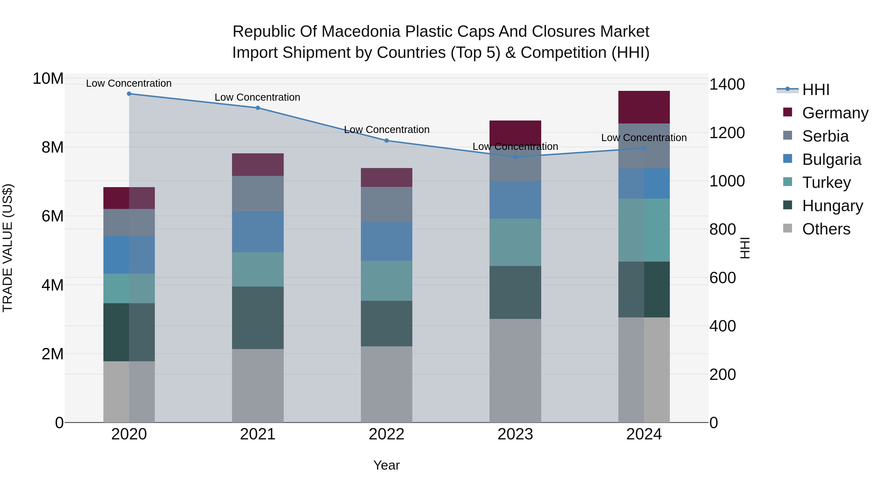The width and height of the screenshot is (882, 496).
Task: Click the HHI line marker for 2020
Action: pyautogui.click(x=129, y=94)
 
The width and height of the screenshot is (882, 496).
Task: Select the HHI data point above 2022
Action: pyautogui.click(x=387, y=141)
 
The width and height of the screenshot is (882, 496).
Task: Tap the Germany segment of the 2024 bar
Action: pyautogui.click(x=644, y=107)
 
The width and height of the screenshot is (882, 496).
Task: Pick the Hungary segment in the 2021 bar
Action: pyautogui.click(x=258, y=318)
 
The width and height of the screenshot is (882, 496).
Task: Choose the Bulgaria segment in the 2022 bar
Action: pyautogui.click(x=387, y=241)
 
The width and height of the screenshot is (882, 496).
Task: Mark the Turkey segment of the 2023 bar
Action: pyautogui.click(x=515, y=242)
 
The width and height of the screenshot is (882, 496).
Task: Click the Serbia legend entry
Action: pyautogui.click(x=825, y=136)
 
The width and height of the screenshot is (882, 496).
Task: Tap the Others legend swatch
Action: pyautogui.click(x=787, y=228)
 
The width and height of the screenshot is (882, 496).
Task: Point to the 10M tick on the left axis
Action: pyautogui.click(x=48, y=79)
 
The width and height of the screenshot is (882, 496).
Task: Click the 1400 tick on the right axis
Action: pyautogui.click(x=727, y=84)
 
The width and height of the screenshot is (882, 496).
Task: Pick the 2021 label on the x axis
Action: pyautogui.click(x=258, y=434)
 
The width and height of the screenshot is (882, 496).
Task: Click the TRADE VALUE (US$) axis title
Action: pyautogui.click(x=8, y=248)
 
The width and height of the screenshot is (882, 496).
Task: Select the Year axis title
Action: pyautogui.click(x=387, y=465)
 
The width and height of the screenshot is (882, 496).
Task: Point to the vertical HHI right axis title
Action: pyautogui.click(x=745, y=248)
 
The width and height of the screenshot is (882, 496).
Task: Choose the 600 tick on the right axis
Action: pyautogui.click(x=723, y=278)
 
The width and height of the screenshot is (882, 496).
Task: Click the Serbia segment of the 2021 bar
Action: pyautogui.click(x=258, y=194)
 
